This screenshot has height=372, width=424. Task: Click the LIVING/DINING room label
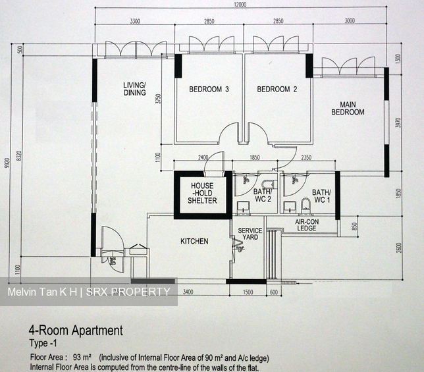click(x=134, y=89)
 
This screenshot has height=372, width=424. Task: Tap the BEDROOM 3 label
click(x=209, y=90)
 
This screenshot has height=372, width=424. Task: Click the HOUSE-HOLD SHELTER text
click(x=202, y=193)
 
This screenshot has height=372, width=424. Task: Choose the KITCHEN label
click(x=194, y=242)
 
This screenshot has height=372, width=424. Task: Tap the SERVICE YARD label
click(x=250, y=234)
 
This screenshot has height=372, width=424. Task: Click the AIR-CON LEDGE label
click(x=307, y=225)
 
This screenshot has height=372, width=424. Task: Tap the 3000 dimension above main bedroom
click(x=349, y=22)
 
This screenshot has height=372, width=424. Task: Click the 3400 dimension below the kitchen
click(x=187, y=292)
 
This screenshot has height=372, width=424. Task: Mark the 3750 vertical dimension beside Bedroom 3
click(x=157, y=99)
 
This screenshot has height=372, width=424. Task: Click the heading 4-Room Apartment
click(x=75, y=331)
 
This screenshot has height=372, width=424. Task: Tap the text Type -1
click(x=43, y=343)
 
